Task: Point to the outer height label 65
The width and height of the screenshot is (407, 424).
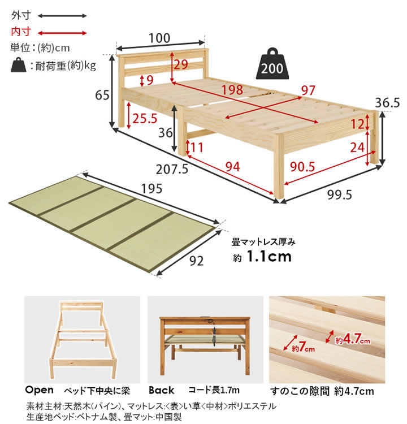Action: click(102, 95)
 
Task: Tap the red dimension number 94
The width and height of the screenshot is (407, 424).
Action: click(232, 166)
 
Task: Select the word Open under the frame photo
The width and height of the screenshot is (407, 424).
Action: click(39, 390)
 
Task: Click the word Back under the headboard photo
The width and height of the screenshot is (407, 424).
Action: click(161, 390)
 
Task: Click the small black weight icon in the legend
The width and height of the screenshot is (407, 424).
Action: click(19, 66)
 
